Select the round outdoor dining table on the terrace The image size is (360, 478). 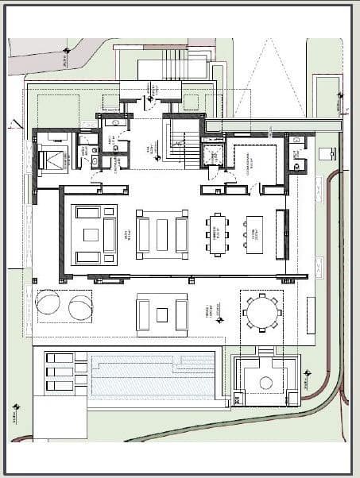[x=261, y=312]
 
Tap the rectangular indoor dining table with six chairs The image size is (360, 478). [x=217, y=234]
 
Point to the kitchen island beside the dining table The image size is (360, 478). [x=254, y=234]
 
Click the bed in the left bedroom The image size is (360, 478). [x=54, y=159]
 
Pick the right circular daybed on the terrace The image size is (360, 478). [x=79, y=306]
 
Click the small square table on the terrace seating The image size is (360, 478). [x=162, y=314]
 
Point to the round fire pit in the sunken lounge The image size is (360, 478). [x=265, y=382]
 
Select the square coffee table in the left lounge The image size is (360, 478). [x=91, y=235]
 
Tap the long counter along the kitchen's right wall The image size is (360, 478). [x=281, y=234]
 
